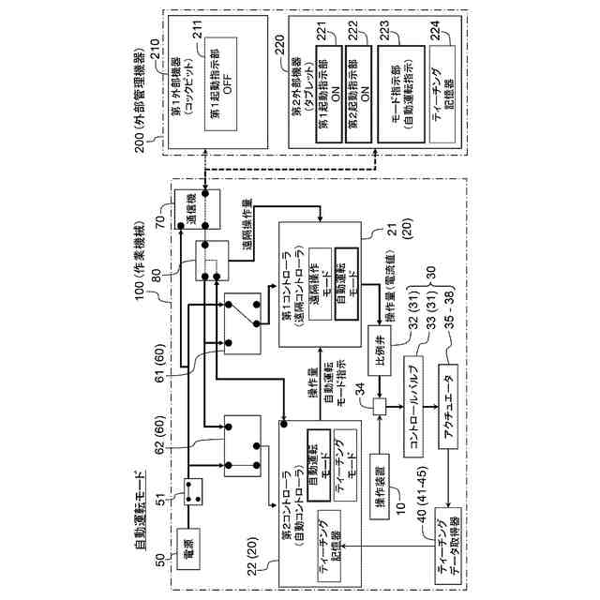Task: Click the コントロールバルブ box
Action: click(x=418, y=406)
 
